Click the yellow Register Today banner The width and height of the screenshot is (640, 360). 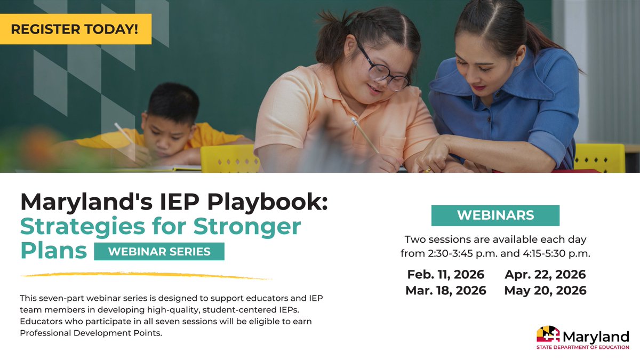[75, 29]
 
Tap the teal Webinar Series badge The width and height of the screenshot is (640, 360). [159, 251]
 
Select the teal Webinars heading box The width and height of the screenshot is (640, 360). [495, 215]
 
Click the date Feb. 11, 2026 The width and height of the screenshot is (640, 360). [446, 275]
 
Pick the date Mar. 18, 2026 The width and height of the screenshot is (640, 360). [446, 291]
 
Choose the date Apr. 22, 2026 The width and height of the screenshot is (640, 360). [545, 275]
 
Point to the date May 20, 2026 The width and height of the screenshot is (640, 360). [545, 291]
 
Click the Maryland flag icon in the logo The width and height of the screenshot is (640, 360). [548, 334]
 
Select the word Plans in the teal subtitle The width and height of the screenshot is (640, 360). [53, 250]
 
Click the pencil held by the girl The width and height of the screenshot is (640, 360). [365, 136]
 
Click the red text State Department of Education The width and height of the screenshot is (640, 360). [582, 348]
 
